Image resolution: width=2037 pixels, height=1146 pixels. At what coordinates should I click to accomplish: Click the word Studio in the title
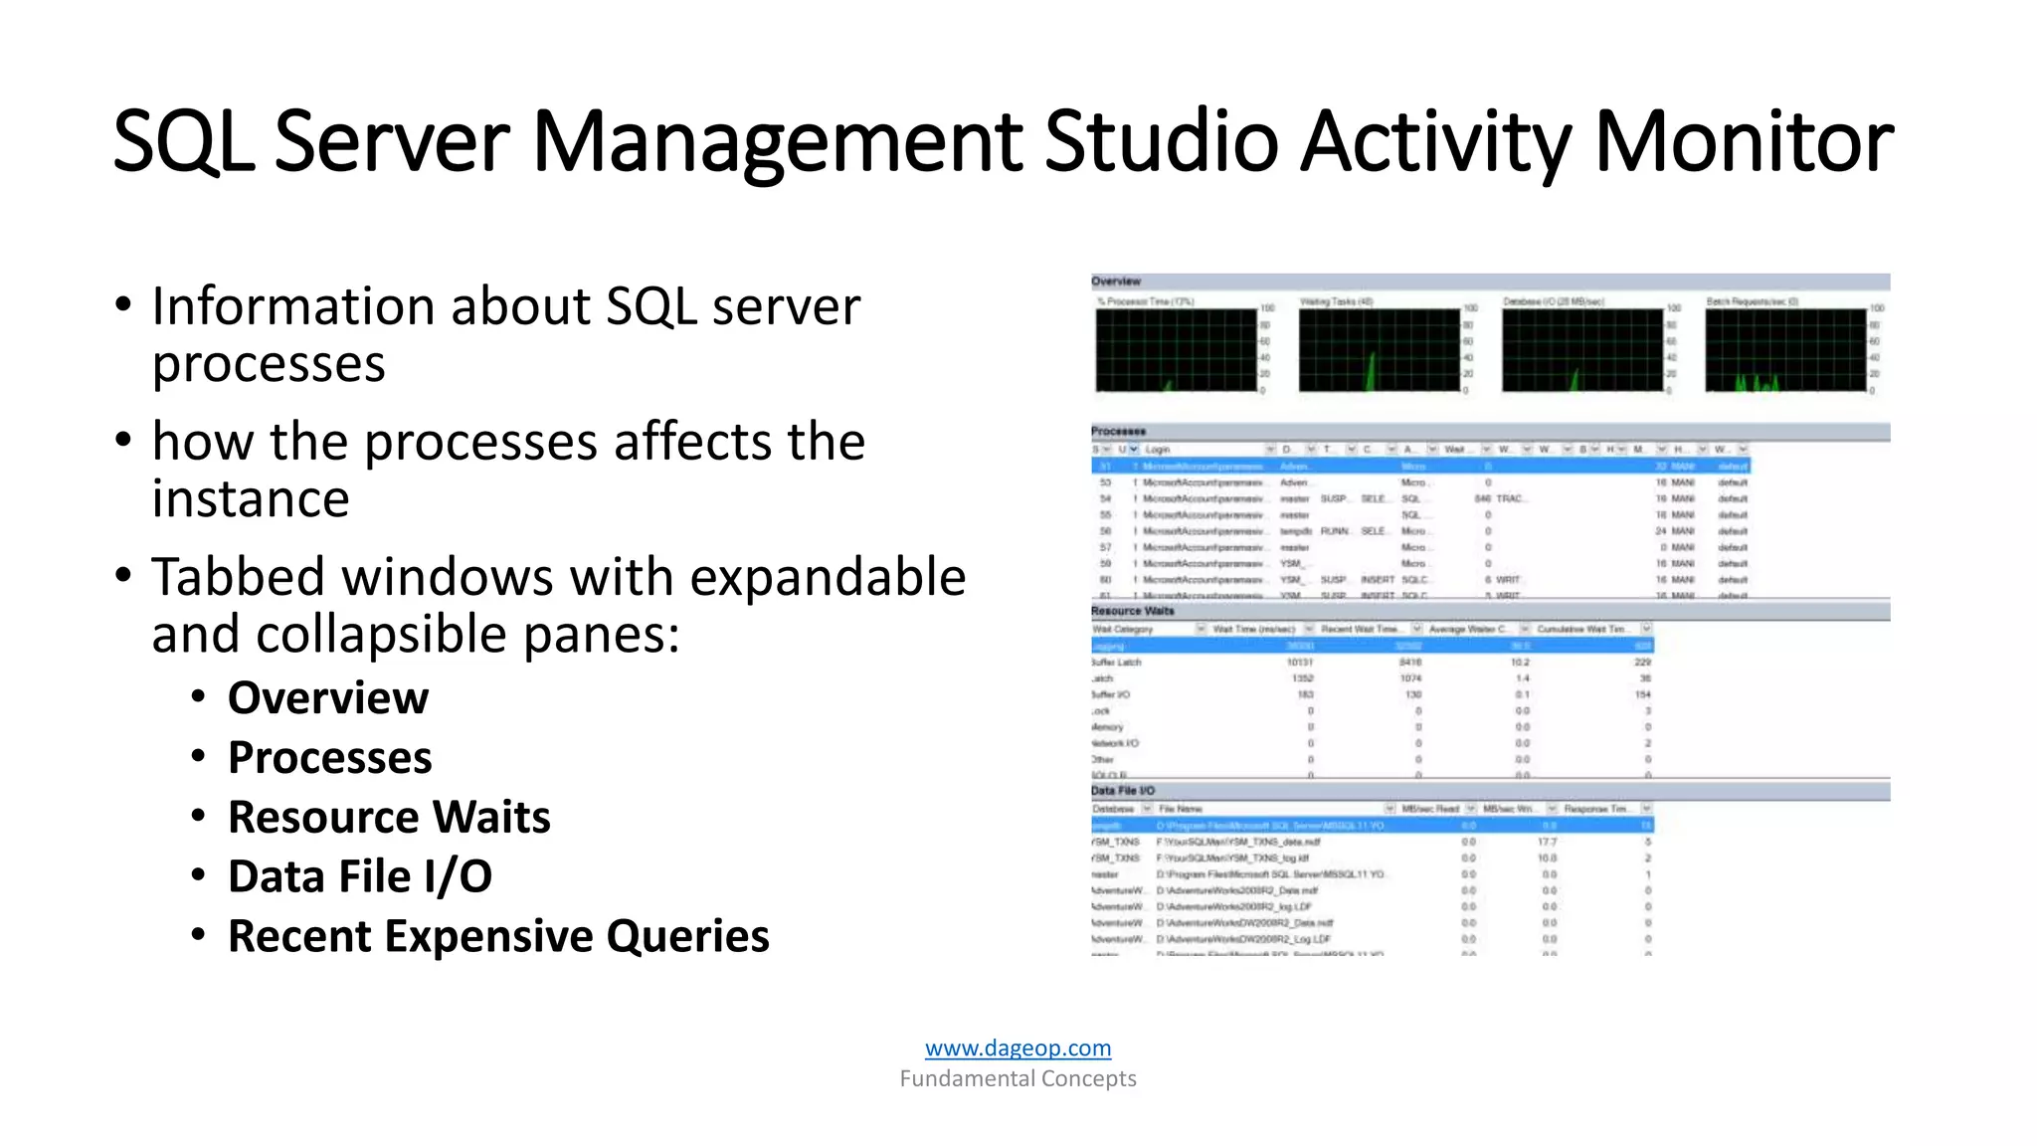click(1161, 141)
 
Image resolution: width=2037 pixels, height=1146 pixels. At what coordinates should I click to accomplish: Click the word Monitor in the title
click(1744, 141)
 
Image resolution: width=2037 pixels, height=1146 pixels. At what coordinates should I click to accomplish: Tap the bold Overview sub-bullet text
click(328, 697)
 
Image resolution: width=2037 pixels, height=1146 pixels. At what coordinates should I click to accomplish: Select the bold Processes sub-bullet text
click(330, 757)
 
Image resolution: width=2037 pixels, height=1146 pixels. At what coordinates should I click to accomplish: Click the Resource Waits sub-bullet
click(389, 817)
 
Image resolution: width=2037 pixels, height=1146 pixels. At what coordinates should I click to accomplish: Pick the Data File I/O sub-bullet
click(360, 876)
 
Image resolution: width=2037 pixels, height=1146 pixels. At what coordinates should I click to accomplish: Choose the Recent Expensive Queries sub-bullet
click(498, 936)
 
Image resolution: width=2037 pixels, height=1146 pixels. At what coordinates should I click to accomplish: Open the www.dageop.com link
click(1018, 1048)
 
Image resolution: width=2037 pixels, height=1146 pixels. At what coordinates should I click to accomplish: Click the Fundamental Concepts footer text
click(1018, 1078)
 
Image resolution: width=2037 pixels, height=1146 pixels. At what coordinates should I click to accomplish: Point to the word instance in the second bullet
click(251, 498)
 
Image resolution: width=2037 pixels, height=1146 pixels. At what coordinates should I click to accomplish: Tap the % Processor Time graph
click(1177, 350)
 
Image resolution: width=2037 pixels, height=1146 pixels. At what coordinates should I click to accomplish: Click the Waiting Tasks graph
click(1380, 350)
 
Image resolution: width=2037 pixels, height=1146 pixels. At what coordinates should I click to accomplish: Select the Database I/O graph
click(1582, 350)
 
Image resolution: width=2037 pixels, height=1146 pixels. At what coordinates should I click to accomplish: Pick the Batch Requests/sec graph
click(1785, 350)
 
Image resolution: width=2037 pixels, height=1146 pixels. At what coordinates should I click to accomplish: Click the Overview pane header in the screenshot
click(1116, 282)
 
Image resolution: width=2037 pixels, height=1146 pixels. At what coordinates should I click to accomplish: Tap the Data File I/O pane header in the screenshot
click(1123, 791)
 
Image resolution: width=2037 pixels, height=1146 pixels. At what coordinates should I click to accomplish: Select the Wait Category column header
click(1124, 629)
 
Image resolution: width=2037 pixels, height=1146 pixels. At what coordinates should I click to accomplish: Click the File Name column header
click(1181, 809)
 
